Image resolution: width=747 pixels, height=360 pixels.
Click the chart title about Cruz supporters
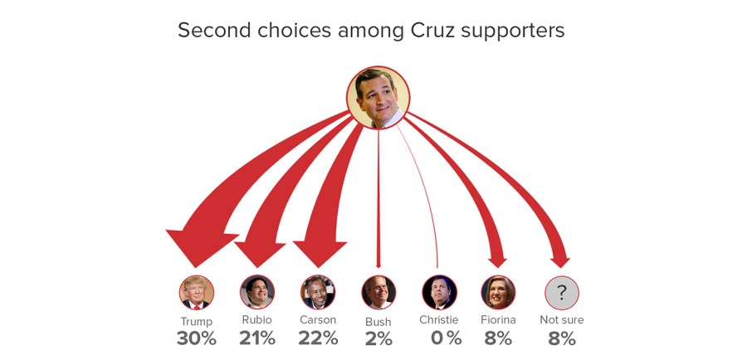[371, 31]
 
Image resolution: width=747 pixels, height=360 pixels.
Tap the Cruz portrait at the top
[378, 97]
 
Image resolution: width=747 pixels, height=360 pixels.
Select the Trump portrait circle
[197, 292]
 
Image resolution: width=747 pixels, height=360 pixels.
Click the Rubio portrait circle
[257, 292]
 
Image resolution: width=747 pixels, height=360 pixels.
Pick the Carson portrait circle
[318, 292]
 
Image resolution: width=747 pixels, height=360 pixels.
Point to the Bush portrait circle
[378, 292]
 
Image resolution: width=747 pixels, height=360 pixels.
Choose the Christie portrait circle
[439, 292]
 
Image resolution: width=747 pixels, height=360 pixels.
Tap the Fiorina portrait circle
[498, 292]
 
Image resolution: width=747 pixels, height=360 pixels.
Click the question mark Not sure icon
[561, 292]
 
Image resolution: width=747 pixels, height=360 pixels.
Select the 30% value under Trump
[197, 338]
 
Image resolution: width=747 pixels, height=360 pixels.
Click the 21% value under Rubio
[257, 338]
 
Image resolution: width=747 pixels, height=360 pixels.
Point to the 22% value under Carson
[318, 338]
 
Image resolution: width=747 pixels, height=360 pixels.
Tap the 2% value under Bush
[378, 338]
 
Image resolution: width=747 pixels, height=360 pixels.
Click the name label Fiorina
[498, 319]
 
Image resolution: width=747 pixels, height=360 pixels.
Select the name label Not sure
[561, 319]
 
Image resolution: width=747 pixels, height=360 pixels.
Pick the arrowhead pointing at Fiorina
[497, 260]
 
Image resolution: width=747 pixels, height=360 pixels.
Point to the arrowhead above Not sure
[560, 261]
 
